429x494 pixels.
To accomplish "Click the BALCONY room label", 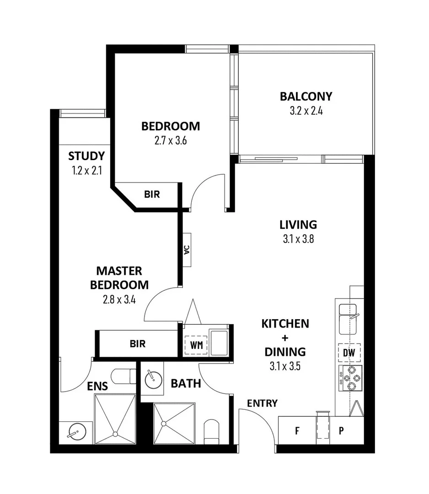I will [306, 97].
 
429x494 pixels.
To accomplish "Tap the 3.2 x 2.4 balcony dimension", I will [306, 111].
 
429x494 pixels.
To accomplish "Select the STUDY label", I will [86, 156].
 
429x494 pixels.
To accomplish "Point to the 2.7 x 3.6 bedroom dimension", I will [170, 140].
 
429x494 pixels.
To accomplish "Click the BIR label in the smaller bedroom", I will [152, 194].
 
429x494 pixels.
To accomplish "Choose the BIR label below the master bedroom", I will [137, 344].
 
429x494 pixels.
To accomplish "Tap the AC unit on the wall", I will [187, 250].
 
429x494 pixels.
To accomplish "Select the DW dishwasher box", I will [350, 353].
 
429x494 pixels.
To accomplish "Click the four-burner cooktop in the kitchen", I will [350, 378].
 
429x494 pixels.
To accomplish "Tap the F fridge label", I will [297, 430].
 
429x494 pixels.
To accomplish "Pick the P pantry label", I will [341, 430].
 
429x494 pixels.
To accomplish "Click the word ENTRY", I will [262, 403].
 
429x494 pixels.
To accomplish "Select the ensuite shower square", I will [115, 419].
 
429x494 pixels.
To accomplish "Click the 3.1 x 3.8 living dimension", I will [298, 239].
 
